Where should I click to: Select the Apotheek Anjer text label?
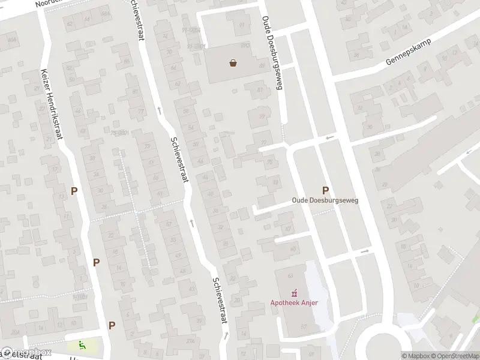click(x=293, y=302)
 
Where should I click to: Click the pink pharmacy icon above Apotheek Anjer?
click(x=293, y=293)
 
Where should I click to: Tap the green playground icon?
click(x=81, y=345)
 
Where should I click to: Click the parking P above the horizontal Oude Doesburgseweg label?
click(x=326, y=190)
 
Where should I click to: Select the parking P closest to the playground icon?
click(x=112, y=325)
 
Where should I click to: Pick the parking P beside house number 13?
click(x=74, y=191)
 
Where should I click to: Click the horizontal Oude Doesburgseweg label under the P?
click(x=325, y=200)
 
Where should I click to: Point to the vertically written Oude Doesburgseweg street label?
click(x=271, y=53)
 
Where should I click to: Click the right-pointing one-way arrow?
click(x=364, y=251)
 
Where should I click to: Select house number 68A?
click(x=106, y=14)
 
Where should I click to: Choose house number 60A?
click(x=11, y=40)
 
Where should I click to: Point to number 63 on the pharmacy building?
click(x=290, y=275)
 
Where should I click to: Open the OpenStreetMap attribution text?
click(x=454, y=355)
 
